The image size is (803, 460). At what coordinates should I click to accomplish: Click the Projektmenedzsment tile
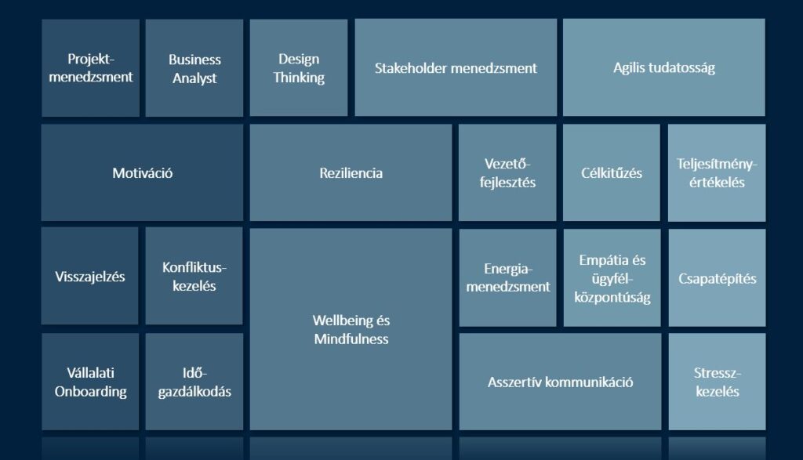tap(90, 68)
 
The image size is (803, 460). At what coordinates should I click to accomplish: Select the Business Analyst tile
tap(194, 68)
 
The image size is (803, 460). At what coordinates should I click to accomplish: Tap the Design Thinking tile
tap(299, 68)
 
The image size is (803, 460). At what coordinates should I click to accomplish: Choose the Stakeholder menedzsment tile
tap(456, 68)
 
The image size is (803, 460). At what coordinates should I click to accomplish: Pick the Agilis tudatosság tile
tap(663, 68)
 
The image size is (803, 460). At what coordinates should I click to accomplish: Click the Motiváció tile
tap(142, 172)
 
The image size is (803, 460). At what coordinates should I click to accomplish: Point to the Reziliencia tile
tap(351, 172)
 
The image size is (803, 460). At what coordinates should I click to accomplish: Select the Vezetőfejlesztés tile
tap(507, 172)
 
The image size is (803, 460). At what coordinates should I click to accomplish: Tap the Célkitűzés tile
tap(612, 172)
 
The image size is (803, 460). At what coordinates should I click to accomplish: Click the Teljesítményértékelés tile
tap(717, 172)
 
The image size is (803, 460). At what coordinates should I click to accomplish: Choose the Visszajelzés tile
tap(90, 277)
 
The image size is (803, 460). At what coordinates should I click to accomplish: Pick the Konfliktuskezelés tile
tap(194, 277)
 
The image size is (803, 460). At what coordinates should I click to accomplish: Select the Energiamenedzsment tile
tap(507, 277)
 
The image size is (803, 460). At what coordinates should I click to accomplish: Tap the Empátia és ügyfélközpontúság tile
tap(612, 277)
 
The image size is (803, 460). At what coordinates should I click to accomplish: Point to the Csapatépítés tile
tap(717, 277)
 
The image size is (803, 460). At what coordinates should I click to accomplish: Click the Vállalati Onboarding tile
tap(90, 382)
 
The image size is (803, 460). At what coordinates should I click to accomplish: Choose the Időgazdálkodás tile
tap(194, 382)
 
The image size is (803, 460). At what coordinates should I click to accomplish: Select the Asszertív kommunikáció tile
tap(560, 382)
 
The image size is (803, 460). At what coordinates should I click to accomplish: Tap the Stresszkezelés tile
tap(717, 382)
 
